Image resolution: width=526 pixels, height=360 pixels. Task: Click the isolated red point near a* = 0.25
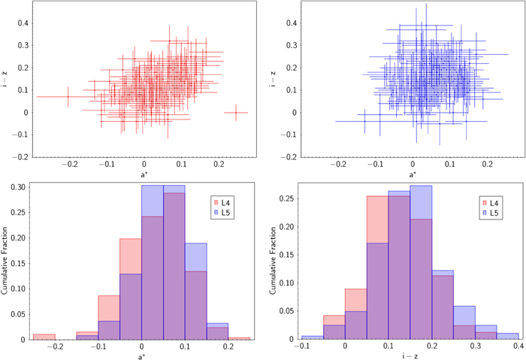point(236,113)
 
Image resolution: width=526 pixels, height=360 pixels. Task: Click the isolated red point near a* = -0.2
point(68,96)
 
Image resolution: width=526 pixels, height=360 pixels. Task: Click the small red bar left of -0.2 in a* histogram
point(44,336)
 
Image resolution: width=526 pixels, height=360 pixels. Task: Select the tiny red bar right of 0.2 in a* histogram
point(240,339)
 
